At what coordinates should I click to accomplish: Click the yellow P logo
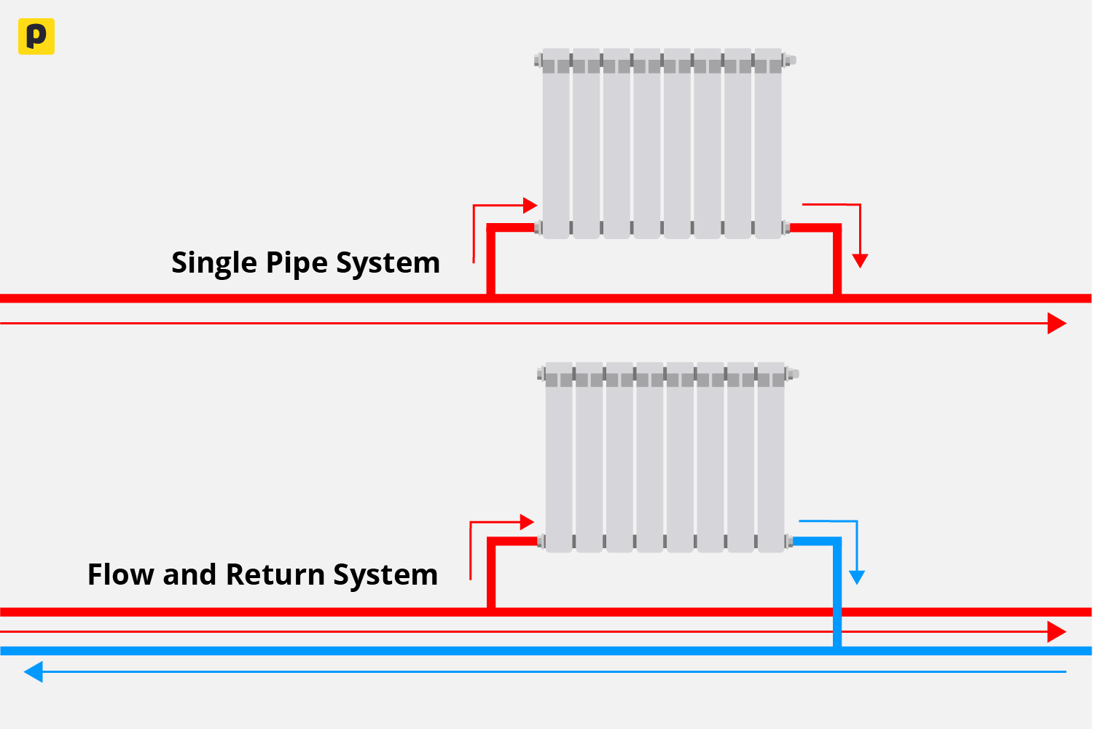coord(36,36)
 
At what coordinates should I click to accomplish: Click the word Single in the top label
coord(214,263)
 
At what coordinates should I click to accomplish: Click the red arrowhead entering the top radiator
coord(530,206)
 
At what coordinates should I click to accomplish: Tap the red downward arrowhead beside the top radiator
coord(861,260)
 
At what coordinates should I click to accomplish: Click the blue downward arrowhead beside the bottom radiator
coord(858,577)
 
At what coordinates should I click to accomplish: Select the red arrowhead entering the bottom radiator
coord(528,522)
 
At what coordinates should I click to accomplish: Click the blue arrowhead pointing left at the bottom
coord(34,671)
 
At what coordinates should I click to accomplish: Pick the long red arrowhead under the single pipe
coord(1057,323)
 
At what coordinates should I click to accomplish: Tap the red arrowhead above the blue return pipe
coord(1057,631)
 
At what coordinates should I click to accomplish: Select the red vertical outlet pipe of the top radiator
coord(837,262)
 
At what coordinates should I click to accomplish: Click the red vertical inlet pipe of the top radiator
coord(491,262)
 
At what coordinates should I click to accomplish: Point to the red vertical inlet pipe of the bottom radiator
coord(491,576)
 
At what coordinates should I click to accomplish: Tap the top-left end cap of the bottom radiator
coord(541,374)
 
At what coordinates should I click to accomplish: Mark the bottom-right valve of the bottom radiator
coord(789,541)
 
